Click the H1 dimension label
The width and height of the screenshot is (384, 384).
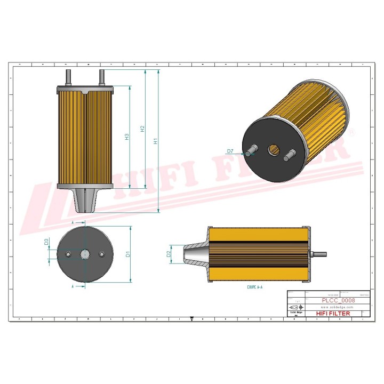[x=155, y=142]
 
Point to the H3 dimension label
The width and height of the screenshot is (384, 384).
[x=126, y=137]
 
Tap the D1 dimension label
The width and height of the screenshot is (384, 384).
[x=128, y=254]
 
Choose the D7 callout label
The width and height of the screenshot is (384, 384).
[x=230, y=151]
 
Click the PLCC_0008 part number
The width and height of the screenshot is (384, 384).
[x=338, y=300]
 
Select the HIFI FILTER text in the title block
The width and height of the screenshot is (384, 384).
[x=333, y=314]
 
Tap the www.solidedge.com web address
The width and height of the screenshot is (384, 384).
[x=338, y=307]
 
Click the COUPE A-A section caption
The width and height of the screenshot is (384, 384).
[x=255, y=287]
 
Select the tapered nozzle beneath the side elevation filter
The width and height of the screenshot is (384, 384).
[x=85, y=199]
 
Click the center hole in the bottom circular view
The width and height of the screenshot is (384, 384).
[x=85, y=254]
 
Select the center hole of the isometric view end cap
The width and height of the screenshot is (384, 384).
[x=274, y=150]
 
